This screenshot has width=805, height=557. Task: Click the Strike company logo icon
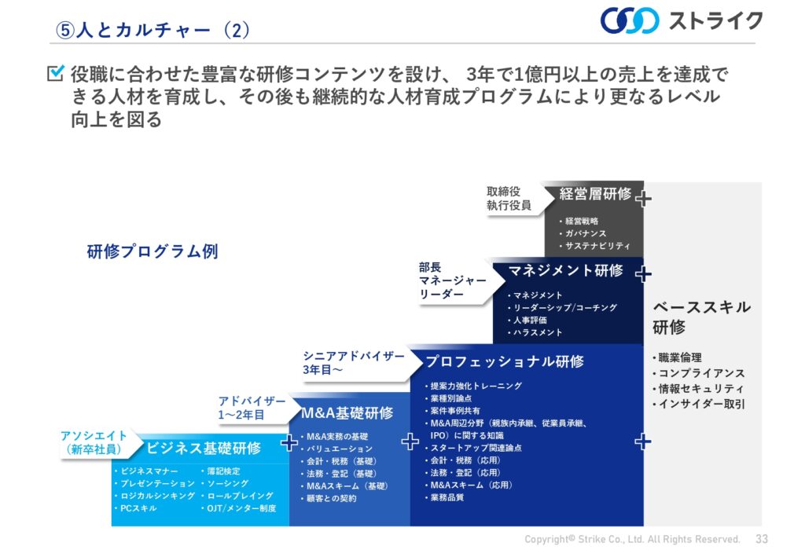point(630,20)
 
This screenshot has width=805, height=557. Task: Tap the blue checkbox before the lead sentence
point(56,73)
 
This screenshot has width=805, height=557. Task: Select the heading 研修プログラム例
point(153,251)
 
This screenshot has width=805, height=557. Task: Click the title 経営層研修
point(595,194)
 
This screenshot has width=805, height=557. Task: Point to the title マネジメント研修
point(565,270)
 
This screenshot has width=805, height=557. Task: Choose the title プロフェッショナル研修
point(505,361)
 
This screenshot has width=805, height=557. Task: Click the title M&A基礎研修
point(347,413)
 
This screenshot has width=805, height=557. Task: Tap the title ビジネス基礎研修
point(204,449)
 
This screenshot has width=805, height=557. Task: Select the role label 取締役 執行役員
point(509,199)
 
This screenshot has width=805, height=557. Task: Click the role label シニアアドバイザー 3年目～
point(354,363)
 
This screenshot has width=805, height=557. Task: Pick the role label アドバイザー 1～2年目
point(252,408)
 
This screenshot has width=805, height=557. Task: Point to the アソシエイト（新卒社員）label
point(94,442)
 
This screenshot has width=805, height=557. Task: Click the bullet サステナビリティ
point(594,246)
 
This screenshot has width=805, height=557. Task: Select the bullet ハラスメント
point(535,332)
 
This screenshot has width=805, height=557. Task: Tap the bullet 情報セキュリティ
point(698,389)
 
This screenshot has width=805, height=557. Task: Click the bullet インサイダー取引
point(698,404)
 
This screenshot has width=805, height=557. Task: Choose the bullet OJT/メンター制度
point(238,508)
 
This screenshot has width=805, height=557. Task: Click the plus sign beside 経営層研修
point(643,198)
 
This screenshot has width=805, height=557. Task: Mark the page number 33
point(762,539)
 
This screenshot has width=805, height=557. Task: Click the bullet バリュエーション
point(336,449)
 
